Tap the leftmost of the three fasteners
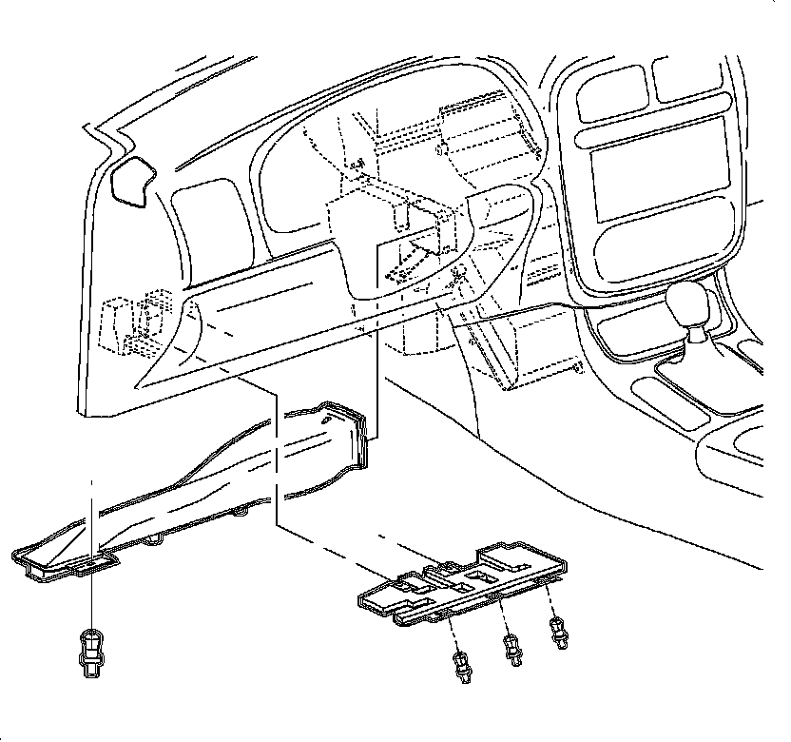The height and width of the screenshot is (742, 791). click(x=462, y=663)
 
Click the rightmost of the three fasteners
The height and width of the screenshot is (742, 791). click(x=558, y=631)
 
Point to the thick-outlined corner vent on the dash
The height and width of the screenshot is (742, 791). click(x=133, y=181)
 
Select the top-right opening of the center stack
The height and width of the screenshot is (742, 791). click(x=692, y=81)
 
